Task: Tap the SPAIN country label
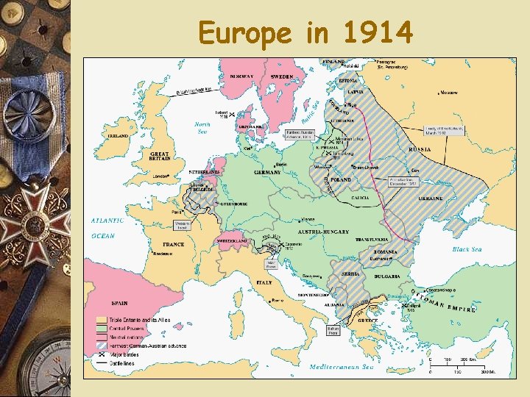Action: pos(119,302)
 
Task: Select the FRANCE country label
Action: pos(174,244)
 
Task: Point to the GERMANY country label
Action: pos(267,172)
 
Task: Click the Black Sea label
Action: pos(467,249)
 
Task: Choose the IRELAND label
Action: pos(118,136)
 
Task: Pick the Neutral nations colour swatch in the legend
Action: pos(102,335)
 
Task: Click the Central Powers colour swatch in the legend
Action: pos(102,328)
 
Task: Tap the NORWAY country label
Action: pos(241,76)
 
